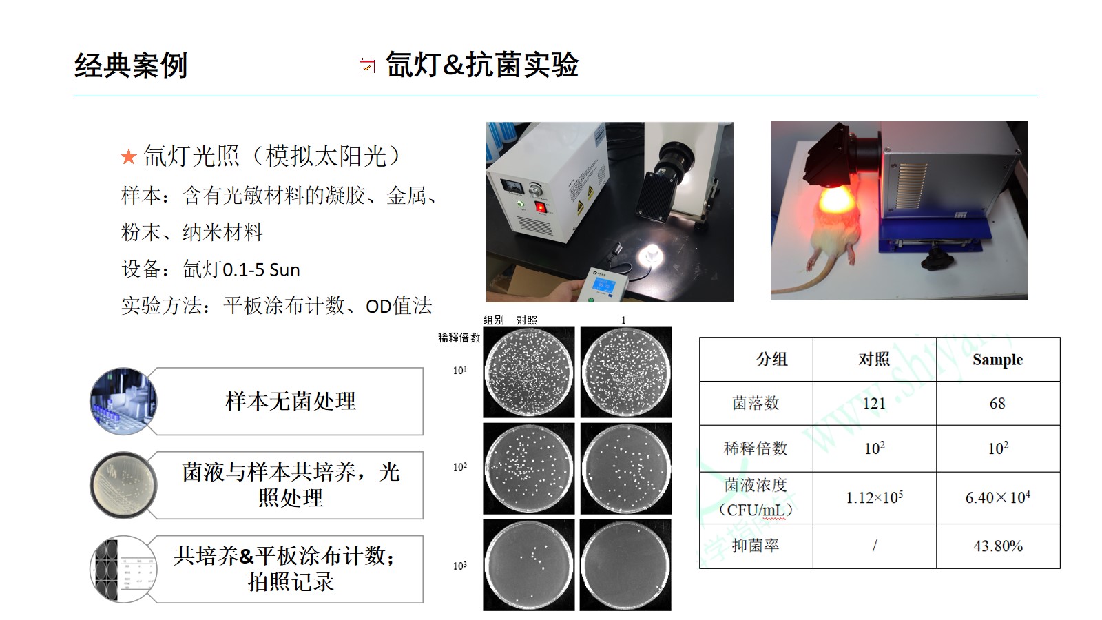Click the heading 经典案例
pos(131,65)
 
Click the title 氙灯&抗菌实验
pos(482,64)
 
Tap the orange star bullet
pos(128,157)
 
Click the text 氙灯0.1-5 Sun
pos(241,269)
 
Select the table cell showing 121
pos(874,404)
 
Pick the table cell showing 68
pos(998,404)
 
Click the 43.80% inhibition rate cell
pos(998,546)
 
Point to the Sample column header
pos(998,360)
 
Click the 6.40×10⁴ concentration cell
pos(998,497)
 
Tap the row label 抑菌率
pos(756,546)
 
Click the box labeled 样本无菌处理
pos(290,401)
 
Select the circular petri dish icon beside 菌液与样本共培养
pos(123,485)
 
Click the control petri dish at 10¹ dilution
pos(529,373)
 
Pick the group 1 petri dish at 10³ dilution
pos(626,566)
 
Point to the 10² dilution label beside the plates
pos(460,466)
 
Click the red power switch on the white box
pos(541,207)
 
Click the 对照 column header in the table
pos(874,360)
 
